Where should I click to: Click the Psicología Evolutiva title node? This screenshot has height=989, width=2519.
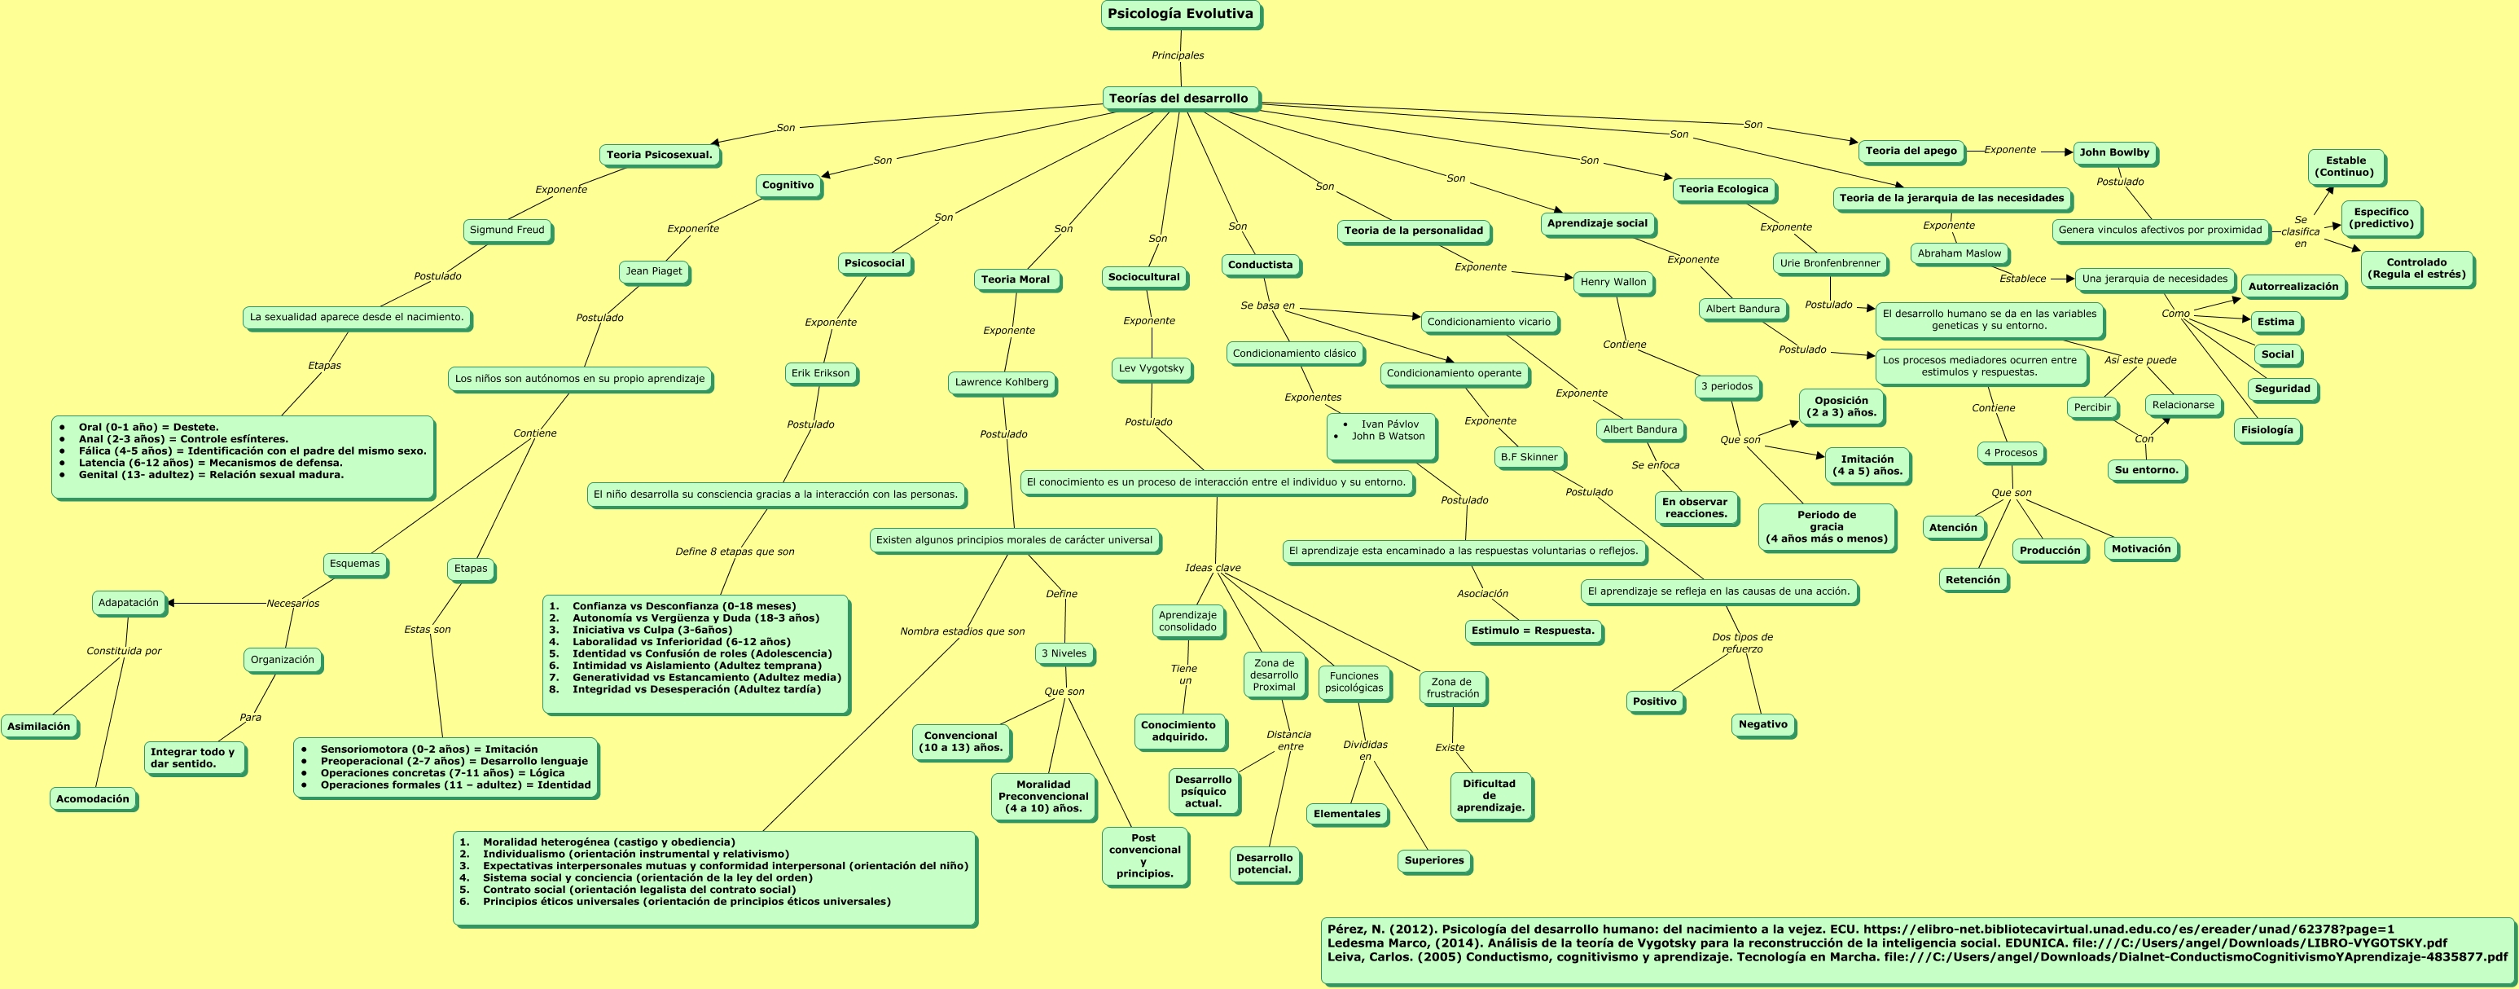pos(1179,14)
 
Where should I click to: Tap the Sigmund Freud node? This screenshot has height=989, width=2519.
pos(507,230)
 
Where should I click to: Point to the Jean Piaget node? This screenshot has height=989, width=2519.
pos(653,271)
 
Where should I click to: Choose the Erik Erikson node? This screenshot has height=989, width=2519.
pos(819,373)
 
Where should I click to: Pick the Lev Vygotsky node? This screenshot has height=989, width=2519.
pos(1150,369)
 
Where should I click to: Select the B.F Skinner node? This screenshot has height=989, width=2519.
pos(1529,457)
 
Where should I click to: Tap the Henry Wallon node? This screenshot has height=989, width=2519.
pos(1613,282)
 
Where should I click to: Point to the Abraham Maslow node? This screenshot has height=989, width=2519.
pos(1959,253)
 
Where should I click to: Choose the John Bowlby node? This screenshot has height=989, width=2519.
pos(2113,152)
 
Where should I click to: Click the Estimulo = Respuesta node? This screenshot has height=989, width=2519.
pos(1532,631)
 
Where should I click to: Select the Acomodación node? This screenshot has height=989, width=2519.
pos(92,799)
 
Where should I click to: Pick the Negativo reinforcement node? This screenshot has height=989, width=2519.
pos(1762,725)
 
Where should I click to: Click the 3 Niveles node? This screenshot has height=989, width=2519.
pos(1063,653)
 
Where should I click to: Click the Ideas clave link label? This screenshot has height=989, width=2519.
pos(1212,567)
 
